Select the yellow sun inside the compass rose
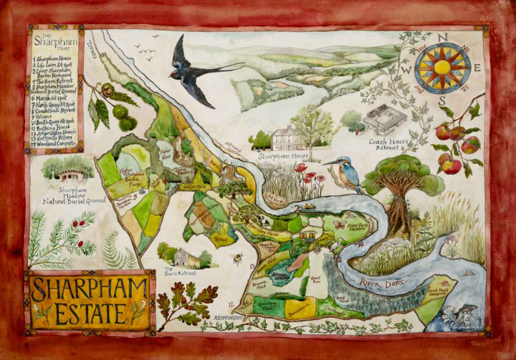(443, 67)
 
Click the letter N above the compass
(443, 37)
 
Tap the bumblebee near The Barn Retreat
(237, 258)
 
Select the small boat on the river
(309, 207)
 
